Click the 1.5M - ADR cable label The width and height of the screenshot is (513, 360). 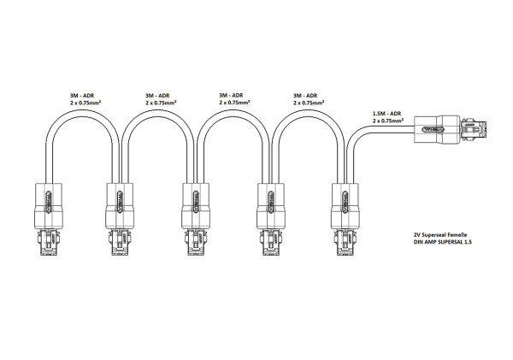(x=386, y=114)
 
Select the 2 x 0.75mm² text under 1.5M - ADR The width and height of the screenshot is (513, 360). (x=388, y=121)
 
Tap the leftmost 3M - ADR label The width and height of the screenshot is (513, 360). (x=81, y=96)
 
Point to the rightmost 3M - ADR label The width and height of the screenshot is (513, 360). (x=305, y=96)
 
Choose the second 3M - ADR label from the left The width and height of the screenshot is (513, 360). (x=157, y=96)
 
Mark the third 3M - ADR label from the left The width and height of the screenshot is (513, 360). (x=231, y=95)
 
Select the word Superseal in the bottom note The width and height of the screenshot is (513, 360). (x=433, y=234)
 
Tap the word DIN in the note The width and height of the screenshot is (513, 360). (x=418, y=242)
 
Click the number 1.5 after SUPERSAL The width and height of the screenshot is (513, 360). (x=469, y=242)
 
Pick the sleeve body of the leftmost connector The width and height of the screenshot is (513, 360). (x=49, y=206)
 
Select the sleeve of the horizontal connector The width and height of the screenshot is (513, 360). (x=437, y=129)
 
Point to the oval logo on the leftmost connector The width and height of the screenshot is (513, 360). (x=49, y=202)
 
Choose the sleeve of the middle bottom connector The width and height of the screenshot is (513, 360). (x=196, y=206)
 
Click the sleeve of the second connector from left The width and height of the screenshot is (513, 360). (x=120, y=206)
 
